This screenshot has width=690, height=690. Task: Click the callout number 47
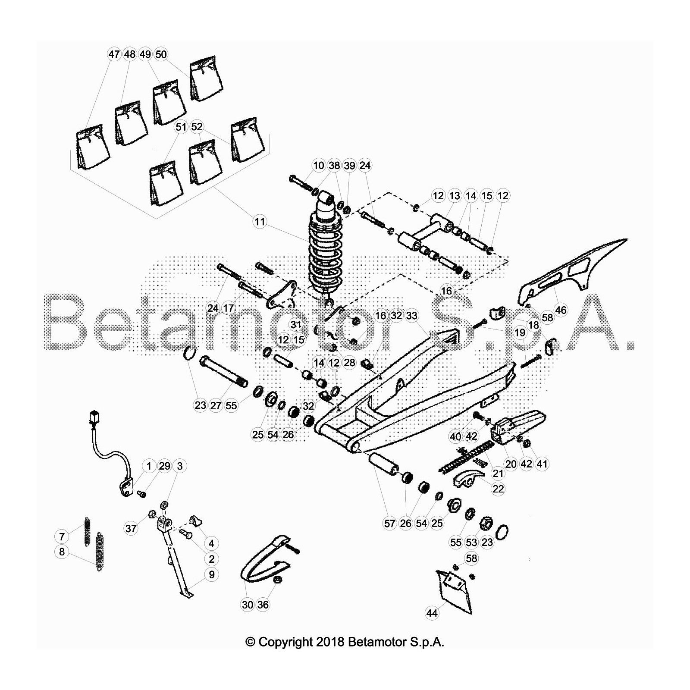pos(113,54)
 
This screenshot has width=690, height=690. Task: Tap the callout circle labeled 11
pos(259,222)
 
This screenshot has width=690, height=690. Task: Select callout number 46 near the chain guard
pos(561,310)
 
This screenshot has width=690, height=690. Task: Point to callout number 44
pos(432,613)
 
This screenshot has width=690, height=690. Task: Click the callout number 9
pos(211,574)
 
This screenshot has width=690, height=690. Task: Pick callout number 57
pos(389,523)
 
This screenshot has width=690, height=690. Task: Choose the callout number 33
pos(412,316)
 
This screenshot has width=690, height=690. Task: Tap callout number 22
pos(498,489)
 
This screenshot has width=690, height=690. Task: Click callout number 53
pos(471,542)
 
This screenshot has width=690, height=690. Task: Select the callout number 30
pos(248,605)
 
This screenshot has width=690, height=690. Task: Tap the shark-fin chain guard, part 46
pos(574,267)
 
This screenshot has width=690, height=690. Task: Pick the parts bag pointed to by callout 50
pos(207,80)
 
